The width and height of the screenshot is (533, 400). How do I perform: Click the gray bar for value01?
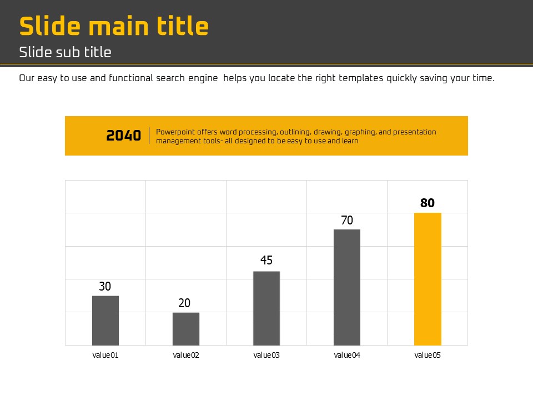point(105,321)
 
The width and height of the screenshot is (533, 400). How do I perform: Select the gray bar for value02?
point(186,329)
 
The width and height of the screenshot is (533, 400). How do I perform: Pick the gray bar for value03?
point(266,308)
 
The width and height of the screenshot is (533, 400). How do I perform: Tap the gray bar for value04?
point(347,287)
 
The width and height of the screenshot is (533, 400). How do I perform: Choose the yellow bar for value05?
point(428,279)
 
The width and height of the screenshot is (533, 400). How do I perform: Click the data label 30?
point(105,287)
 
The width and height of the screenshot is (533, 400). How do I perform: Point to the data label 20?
point(184,303)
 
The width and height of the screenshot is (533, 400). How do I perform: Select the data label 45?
point(266,261)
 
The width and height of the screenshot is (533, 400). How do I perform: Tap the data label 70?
point(347,221)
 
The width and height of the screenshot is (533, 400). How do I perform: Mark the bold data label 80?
point(428,203)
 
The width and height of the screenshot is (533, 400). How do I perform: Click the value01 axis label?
point(105,356)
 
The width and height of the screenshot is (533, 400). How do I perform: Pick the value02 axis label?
point(186,356)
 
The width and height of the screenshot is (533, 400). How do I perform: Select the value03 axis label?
point(266,356)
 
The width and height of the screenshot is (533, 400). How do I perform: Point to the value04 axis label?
point(347,356)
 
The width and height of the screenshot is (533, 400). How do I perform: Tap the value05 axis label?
point(428,356)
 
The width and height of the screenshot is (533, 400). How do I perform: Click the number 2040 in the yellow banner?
point(124,136)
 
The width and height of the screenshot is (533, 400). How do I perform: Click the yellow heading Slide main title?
point(114,26)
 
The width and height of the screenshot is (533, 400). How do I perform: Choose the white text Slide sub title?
point(65,52)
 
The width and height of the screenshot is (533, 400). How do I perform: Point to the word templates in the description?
point(360,78)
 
